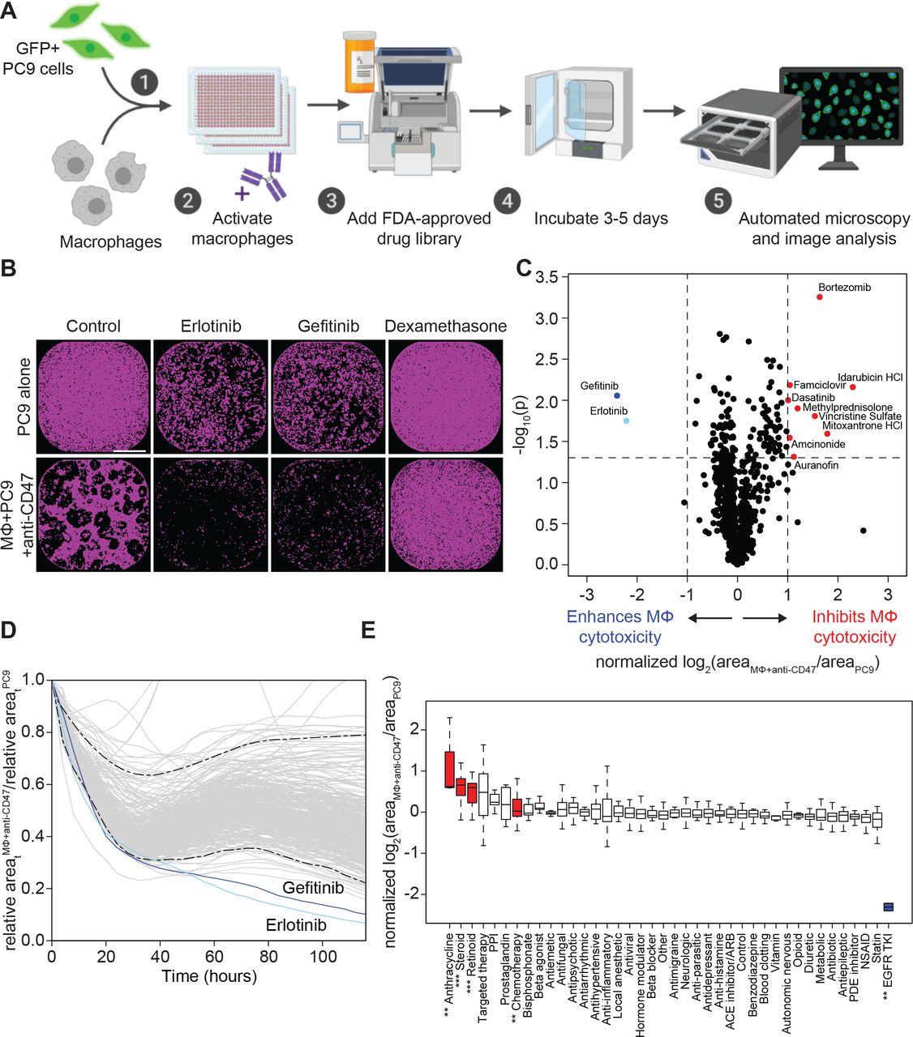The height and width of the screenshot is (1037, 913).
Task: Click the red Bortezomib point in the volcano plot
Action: coord(820,297)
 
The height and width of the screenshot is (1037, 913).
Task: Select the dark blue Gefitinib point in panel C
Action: coord(617,395)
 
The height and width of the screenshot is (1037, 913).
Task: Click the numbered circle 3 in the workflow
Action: coord(331,199)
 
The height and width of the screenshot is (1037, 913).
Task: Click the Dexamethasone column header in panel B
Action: coord(445,326)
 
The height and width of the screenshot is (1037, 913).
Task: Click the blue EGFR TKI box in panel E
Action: coord(889,907)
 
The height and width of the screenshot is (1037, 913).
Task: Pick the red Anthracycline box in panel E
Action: coord(449,769)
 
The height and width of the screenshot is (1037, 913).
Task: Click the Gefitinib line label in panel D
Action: coord(313,888)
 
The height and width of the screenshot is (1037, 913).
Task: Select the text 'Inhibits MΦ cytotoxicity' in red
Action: coord(854,627)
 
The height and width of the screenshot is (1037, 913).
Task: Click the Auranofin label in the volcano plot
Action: coord(816,466)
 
